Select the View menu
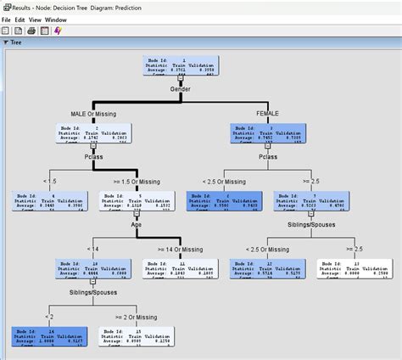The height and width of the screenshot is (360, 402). coord(36,18)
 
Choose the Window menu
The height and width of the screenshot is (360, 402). coord(56,18)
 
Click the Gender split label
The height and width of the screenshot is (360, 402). coord(179,89)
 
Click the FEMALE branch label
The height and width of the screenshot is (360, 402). coord(267,113)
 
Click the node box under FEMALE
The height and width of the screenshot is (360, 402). coord(267,132)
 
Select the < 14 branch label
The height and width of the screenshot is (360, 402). coord(91,249)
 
